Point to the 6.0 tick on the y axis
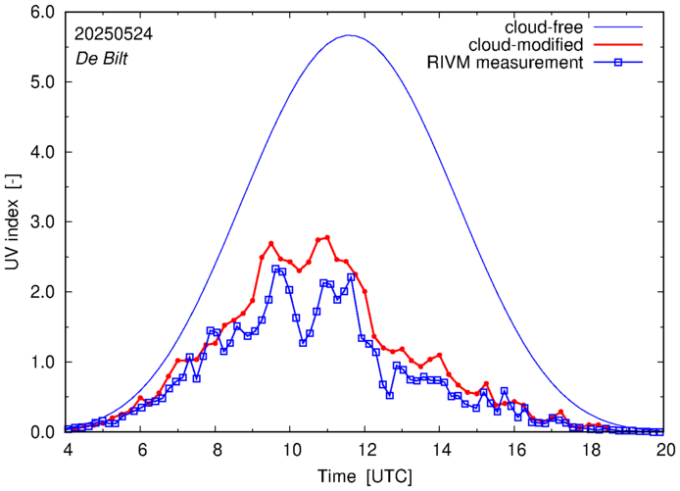click(x=43, y=13)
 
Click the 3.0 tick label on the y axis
click(x=43, y=222)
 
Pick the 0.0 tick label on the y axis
click(x=43, y=432)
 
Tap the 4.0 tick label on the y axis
click(x=43, y=153)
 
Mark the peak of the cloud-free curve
click(x=350, y=35)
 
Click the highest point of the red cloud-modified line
click(x=327, y=237)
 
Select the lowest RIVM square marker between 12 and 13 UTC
click(x=390, y=395)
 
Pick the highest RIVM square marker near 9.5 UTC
click(x=275, y=269)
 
